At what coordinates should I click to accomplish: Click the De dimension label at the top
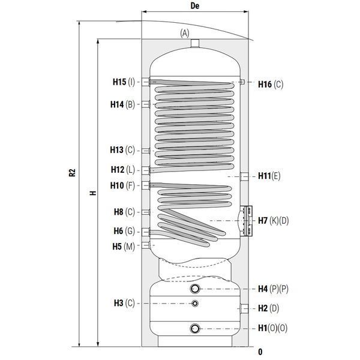click(x=195, y=6)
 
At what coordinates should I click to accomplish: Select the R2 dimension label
click(x=72, y=172)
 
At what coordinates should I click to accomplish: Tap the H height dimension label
click(x=93, y=193)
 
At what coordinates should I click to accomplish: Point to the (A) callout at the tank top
click(x=185, y=33)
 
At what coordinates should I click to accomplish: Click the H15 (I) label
click(x=124, y=82)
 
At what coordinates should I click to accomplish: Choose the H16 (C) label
click(x=271, y=84)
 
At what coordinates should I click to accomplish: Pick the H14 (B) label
click(x=122, y=104)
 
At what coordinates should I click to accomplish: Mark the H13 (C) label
click(x=122, y=150)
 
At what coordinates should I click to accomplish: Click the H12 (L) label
click(x=123, y=170)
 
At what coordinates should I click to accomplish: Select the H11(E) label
click(x=269, y=176)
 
